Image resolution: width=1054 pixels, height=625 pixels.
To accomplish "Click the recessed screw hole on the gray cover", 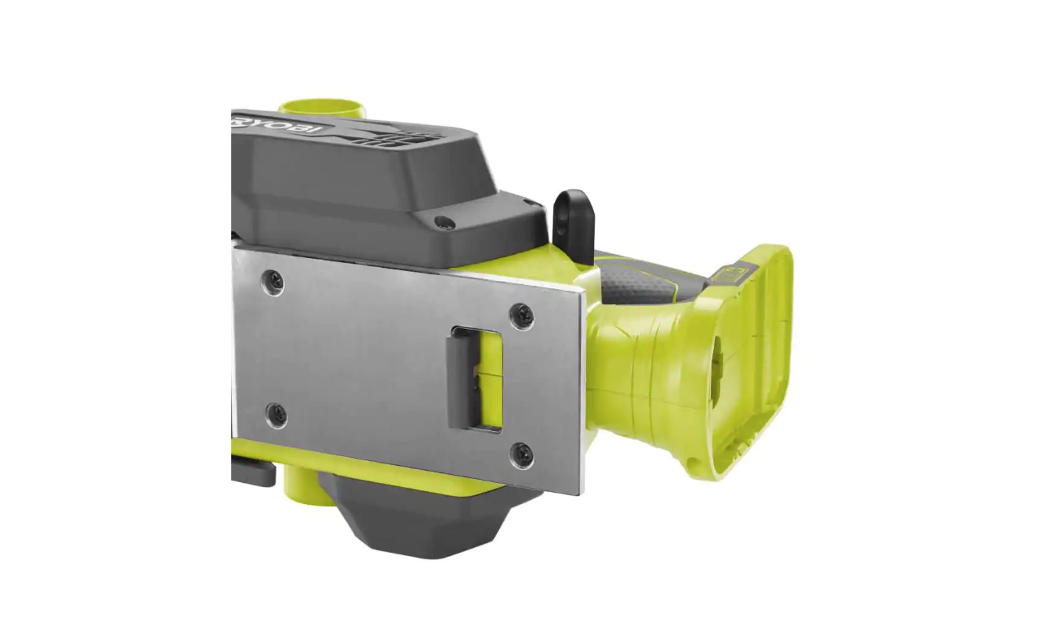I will (x=442, y=221).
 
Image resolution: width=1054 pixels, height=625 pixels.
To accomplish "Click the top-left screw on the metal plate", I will (x=274, y=282).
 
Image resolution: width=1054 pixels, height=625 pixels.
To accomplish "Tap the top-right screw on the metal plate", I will (x=521, y=315).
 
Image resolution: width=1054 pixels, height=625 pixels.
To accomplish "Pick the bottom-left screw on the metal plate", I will (x=276, y=414).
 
